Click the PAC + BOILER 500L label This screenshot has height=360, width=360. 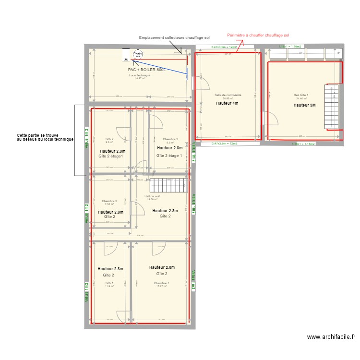tap(147, 70)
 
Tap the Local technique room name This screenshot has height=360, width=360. tap(139, 75)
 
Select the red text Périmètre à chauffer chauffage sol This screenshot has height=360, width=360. tap(258, 35)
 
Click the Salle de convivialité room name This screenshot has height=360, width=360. tap(228, 95)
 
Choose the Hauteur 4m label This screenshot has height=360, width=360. tap(227, 103)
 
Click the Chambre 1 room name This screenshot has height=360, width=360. tap(161, 283)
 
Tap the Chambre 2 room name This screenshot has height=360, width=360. tap(109, 201)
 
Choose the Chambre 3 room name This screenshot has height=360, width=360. tap(170, 139)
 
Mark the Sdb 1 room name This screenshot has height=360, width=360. tap(109, 283)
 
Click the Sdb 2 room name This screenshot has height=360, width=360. tap(109, 139)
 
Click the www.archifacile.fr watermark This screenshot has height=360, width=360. tap(331, 337)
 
